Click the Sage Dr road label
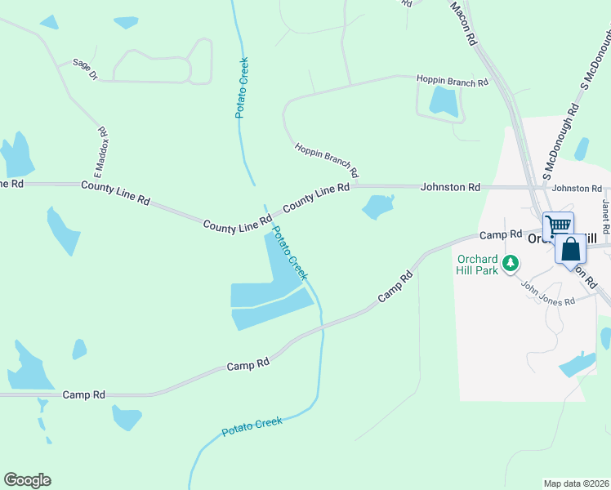point(85,68)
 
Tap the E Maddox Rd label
point(101,153)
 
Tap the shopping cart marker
point(558,226)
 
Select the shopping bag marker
point(571,249)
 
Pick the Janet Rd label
point(606,213)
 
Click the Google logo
point(27,480)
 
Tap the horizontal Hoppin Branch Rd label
point(452,81)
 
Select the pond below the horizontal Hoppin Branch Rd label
point(444,101)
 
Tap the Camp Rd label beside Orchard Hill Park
point(500,234)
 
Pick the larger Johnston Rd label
point(450,188)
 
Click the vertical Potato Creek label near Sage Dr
point(242,87)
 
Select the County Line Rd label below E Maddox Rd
point(116,193)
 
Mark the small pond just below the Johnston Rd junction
point(377,207)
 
